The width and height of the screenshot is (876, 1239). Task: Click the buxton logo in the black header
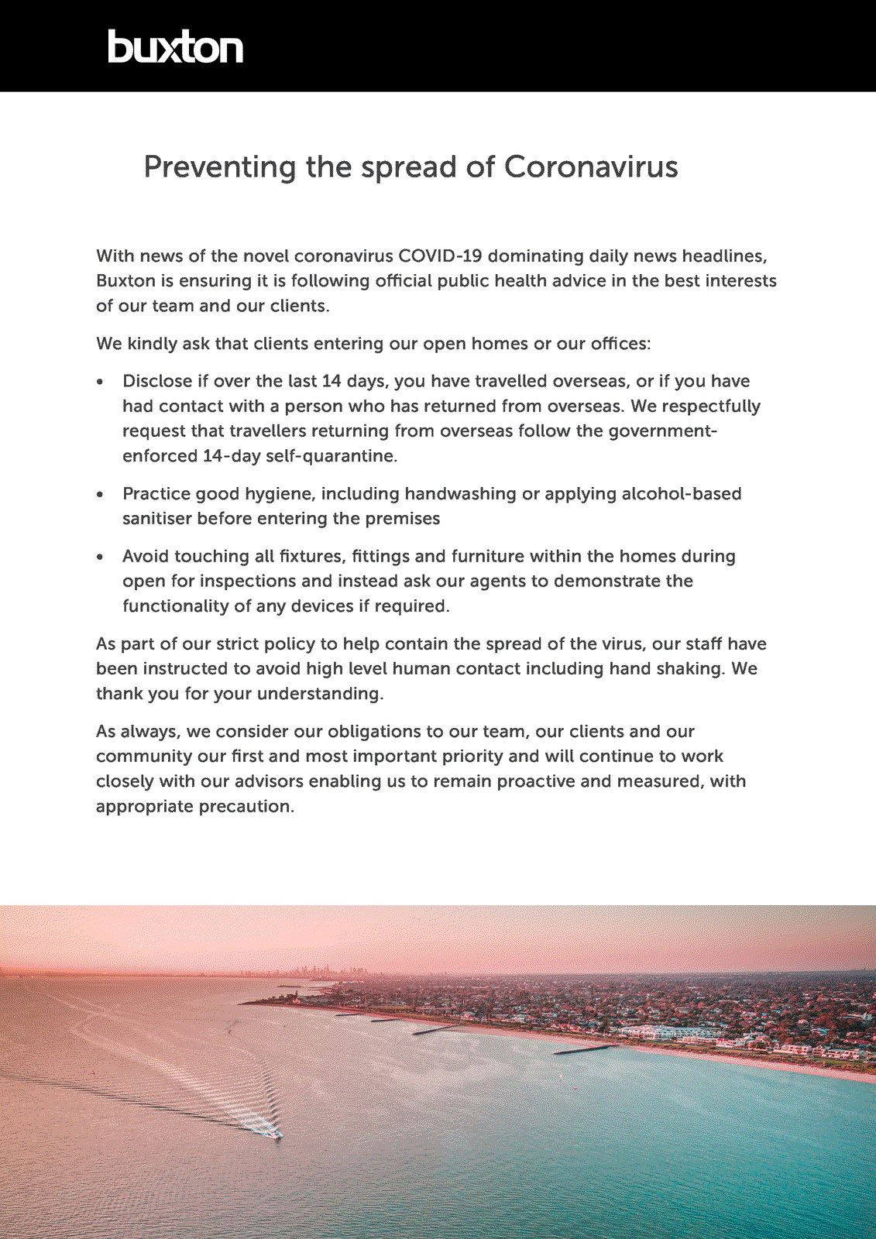click(175, 47)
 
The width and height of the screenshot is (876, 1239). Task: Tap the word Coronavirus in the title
click(591, 167)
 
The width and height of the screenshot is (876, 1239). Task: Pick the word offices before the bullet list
click(619, 344)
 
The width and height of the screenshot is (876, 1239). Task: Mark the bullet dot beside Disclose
click(100, 383)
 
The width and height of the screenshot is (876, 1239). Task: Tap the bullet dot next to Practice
click(100, 495)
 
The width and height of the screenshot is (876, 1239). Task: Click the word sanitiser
click(157, 519)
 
